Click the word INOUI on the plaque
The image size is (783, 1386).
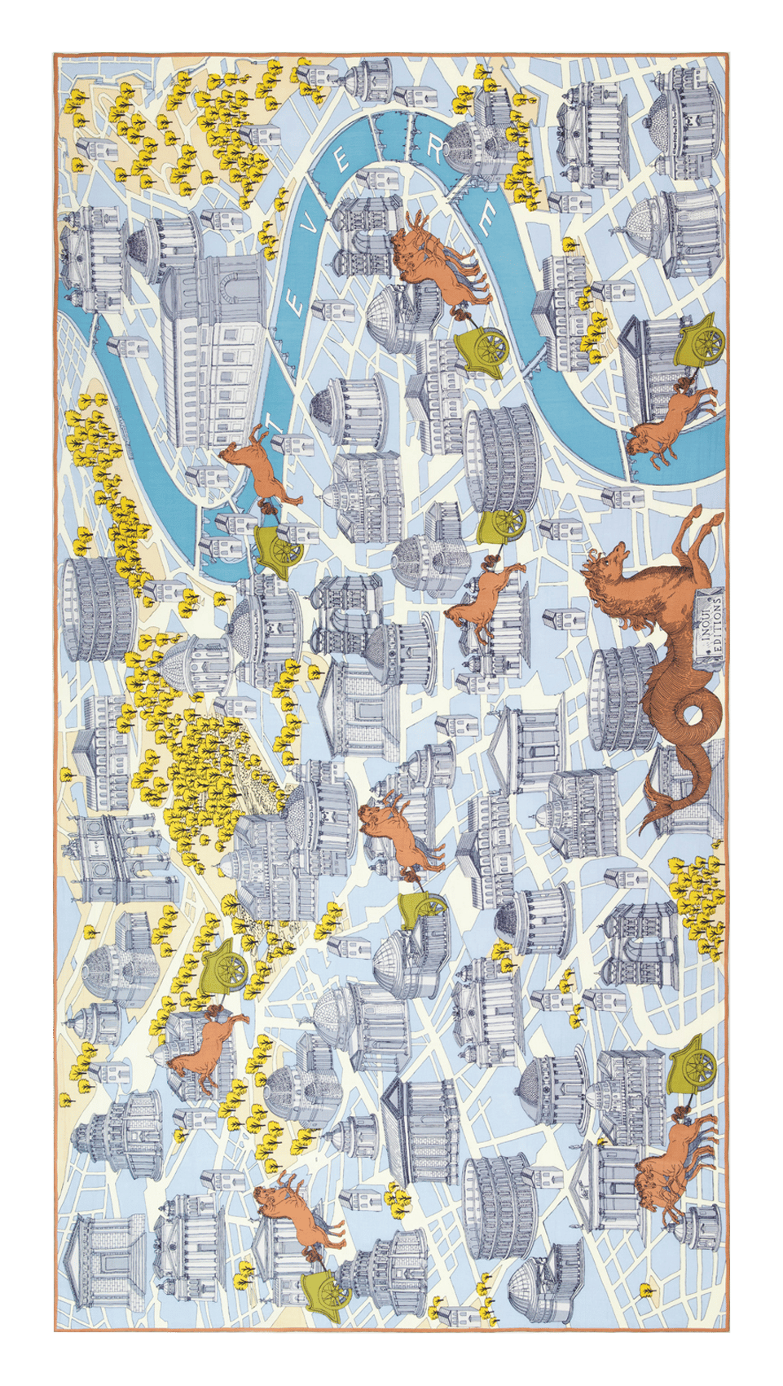tap(715, 614)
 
